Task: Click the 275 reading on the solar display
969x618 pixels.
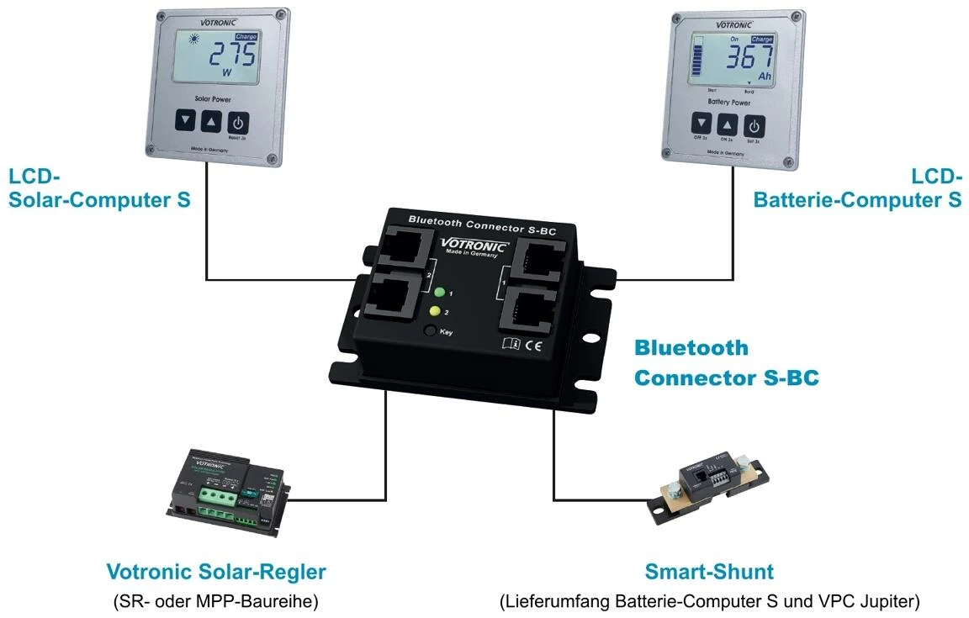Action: (x=233, y=57)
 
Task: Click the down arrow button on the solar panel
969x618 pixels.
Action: (x=185, y=121)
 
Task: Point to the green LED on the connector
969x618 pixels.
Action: (x=438, y=293)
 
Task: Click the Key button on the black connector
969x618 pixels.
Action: (x=431, y=331)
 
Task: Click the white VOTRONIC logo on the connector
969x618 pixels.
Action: (x=474, y=246)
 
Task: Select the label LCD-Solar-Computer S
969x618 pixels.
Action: (x=99, y=188)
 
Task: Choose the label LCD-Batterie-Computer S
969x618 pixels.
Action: (x=857, y=188)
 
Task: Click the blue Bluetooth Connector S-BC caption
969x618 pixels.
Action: (x=726, y=362)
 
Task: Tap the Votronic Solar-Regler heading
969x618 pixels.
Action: (x=215, y=573)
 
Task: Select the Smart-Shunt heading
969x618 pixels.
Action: (x=709, y=573)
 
